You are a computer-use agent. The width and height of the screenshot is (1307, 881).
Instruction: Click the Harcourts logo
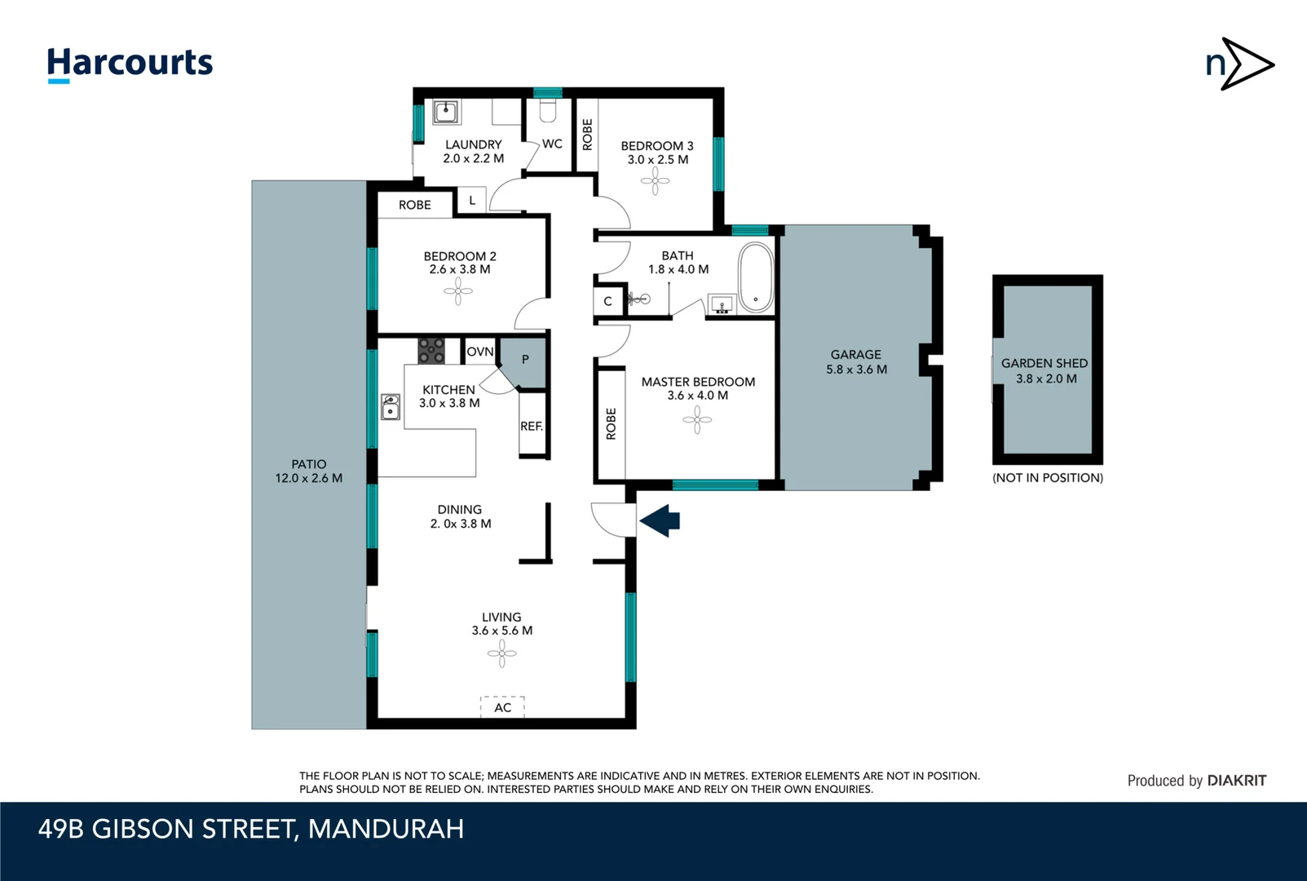click(130, 64)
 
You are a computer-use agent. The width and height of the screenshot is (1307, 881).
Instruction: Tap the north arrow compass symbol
click(1239, 64)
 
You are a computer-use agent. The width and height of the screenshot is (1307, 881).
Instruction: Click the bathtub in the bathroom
click(755, 277)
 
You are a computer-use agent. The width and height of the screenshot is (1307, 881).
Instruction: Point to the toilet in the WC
click(548, 111)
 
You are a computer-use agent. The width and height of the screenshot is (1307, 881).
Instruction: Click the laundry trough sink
click(445, 112)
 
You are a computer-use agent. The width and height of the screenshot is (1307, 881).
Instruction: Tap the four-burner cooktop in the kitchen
click(431, 352)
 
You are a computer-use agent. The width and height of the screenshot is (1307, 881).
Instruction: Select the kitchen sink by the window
click(391, 406)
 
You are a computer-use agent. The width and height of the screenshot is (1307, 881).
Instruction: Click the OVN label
click(480, 352)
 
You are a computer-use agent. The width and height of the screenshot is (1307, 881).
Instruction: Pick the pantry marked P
click(525, 360)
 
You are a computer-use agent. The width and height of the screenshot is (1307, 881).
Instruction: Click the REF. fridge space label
click(532, 426)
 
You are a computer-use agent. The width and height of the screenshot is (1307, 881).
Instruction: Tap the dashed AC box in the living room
click(502, 706)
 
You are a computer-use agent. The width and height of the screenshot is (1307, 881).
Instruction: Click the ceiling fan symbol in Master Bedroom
click(697, 420)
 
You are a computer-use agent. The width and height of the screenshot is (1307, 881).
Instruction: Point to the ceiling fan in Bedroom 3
click(655, 181)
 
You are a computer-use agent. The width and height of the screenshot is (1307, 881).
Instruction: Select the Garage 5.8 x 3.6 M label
click(856, 362)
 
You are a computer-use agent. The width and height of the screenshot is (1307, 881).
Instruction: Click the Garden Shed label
click(1044, 370)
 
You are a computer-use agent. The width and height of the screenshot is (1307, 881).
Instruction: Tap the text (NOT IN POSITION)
click(1047, 478)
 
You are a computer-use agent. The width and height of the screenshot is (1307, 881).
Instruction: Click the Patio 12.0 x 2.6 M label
click(308, 471)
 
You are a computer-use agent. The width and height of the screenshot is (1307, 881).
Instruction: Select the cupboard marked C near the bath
click(607, 301)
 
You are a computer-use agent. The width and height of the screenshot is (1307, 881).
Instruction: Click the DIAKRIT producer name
click(1236, 781)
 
